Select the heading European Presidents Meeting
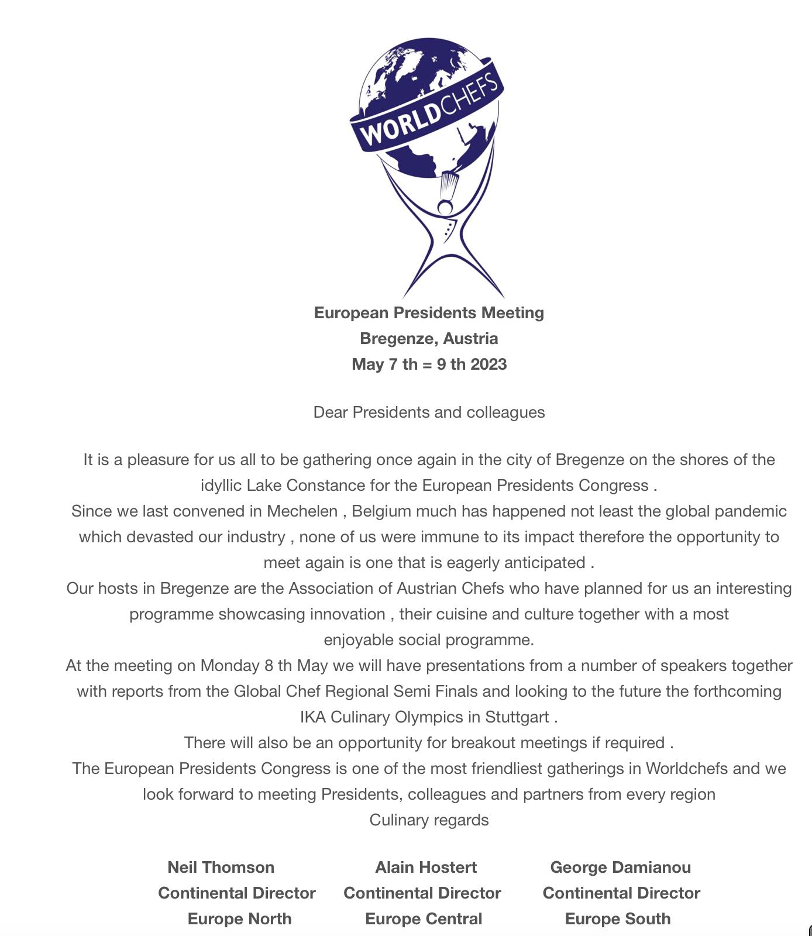point(429,313)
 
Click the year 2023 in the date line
point(488,364)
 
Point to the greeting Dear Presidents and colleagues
point(429,412)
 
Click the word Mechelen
point(302,511)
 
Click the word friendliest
point(507,769)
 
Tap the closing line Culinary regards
point(429,820)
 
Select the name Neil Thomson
point(221,868)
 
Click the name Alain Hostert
point(426,868)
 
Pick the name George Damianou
point(620,868)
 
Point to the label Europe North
point(239,919)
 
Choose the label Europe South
point(618,919)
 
